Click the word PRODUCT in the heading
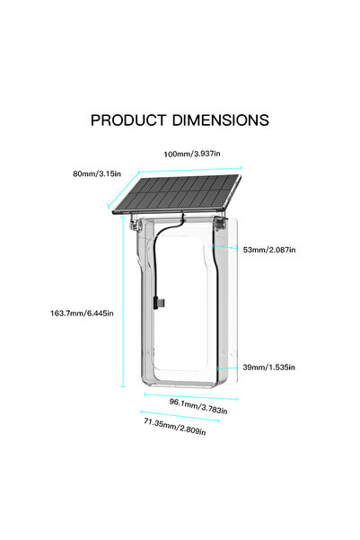point(128,120)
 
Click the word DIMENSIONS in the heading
point(221,120)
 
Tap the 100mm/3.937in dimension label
point(192,154)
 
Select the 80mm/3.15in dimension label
point(97,173)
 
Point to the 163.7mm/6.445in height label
point(82,313)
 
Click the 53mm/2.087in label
point(269,250)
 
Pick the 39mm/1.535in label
point(268,367)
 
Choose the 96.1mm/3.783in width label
point(198,406)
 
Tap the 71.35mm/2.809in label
point(175,427)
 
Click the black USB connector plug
point(159,303)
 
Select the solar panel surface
point(177,193)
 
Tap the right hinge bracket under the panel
point(220,223)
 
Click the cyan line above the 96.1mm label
point(190,397)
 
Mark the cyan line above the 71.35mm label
point(180,416)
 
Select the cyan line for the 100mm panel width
point(190,170)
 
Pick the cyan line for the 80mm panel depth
point(123,190)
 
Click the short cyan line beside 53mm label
point(224,247)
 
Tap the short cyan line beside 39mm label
point(227,367)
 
